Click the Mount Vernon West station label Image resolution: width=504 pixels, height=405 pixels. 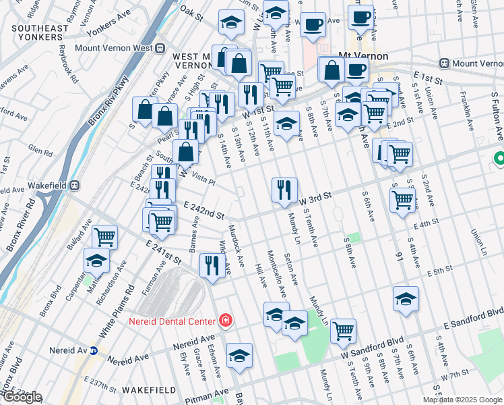point(114,48)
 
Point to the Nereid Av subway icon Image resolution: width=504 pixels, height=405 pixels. point(94,351)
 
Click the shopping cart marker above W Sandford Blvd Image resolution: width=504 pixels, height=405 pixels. point(344,331)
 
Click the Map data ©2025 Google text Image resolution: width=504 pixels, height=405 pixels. point(462,400)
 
